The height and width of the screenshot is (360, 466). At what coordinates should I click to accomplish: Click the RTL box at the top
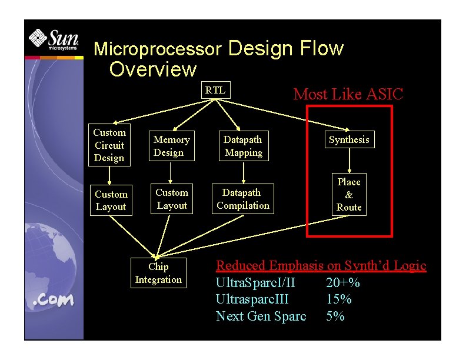click(x=215, y=90)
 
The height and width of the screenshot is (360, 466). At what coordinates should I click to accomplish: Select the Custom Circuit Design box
click(x=109, y=145)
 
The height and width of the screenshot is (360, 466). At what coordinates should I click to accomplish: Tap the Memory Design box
click(x=171, y=146)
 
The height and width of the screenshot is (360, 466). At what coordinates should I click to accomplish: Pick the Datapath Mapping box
click(x=243, y=146)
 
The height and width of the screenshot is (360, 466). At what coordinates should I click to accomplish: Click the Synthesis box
click(x=349, y=139)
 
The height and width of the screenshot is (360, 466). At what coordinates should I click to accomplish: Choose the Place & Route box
click(x=349, y=195)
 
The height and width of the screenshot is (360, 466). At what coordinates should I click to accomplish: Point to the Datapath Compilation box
click(x=243, y=199)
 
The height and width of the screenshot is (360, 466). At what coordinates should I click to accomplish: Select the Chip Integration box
click(x=158, y=273)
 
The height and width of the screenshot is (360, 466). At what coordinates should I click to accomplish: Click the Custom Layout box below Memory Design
click(x=171, y=199)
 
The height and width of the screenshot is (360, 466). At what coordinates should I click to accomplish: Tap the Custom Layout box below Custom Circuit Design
click(x=111, y=200)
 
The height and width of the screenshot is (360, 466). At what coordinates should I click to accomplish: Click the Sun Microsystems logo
click(x=54, y=41)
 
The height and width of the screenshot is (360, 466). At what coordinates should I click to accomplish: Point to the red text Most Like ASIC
click(x=348, y=94)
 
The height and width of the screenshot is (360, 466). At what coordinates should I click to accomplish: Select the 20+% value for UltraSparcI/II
click(x=343, y=283)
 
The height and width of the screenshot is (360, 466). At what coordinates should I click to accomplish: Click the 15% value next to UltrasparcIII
click(x=339, y=299)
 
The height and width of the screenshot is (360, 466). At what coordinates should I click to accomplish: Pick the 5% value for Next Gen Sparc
click(x=335, y=316)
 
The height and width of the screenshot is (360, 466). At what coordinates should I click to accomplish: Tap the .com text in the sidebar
click(x=54, y=300)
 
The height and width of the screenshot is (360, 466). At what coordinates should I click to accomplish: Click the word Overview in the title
click(x=153, y=69)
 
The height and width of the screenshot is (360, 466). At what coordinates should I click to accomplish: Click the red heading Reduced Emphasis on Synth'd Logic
click(x=321, y=266)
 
